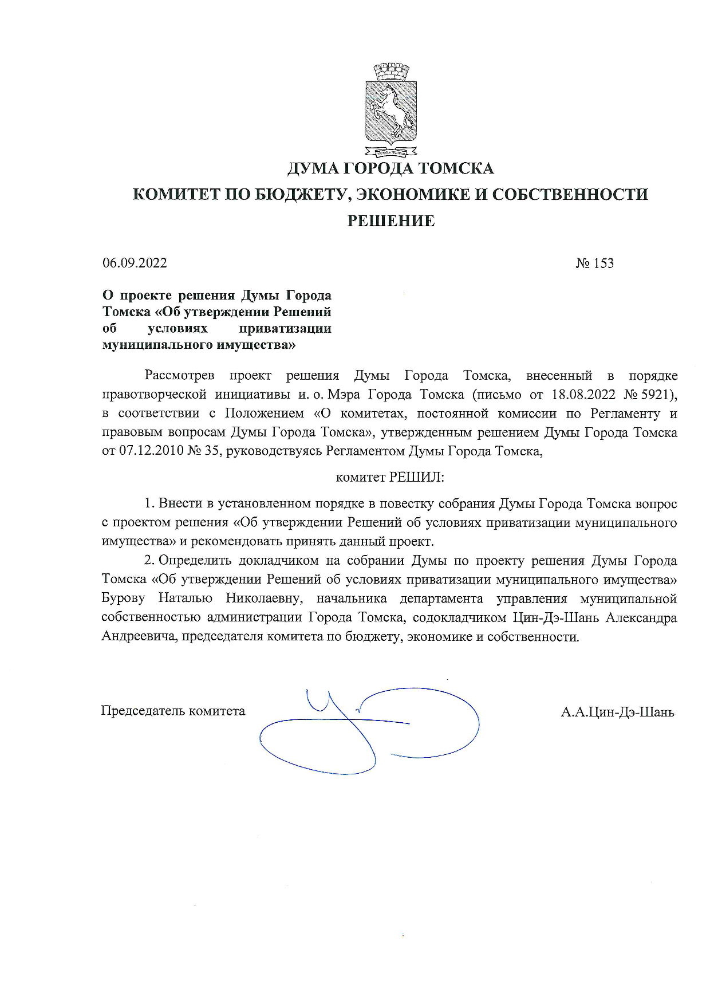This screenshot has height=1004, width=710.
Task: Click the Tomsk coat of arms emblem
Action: (391, 112)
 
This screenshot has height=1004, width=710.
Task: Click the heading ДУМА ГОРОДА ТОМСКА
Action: (390, 168)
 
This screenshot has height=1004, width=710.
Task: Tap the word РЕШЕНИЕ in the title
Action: (391, 221)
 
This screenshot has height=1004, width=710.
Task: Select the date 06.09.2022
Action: (135, 263)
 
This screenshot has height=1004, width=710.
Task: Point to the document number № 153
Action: (594, 263)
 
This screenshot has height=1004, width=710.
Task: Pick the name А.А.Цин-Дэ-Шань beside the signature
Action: (617, 712)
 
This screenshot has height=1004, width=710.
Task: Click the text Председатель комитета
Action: (173, 711)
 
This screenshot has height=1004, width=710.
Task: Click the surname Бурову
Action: (123, 599)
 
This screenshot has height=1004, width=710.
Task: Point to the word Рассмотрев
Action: (180, 376)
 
